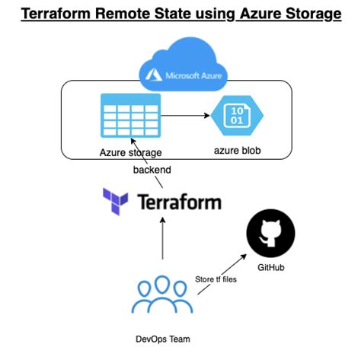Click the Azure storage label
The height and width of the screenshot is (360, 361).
(130, 153)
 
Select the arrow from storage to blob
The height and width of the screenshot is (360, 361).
(187, 116)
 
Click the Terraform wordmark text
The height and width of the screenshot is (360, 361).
(179, 202)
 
